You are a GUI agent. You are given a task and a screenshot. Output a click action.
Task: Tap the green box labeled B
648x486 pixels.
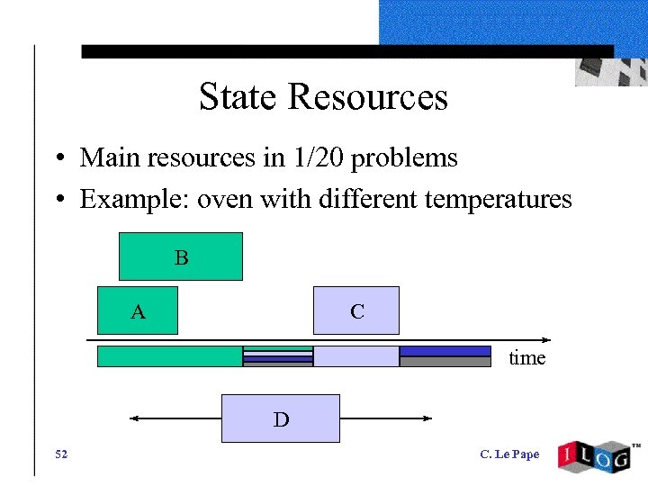click(181, 256)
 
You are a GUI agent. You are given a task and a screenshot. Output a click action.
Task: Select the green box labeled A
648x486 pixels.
click(138, 311)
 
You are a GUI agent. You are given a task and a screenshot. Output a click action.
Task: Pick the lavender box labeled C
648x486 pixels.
click(356, 310)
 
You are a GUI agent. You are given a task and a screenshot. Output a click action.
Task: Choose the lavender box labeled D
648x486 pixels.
click(281, 418)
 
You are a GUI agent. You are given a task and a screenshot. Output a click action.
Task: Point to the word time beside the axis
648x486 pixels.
click(526, 358)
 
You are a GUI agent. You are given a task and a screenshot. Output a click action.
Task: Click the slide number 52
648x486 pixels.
click(60, 454)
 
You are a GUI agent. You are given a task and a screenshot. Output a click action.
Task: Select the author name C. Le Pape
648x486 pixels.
click(509, 454)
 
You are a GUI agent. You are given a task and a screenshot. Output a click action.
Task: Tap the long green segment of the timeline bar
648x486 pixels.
click(169, 356)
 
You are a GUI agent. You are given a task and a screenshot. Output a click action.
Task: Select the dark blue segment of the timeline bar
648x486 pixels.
click(445, 351)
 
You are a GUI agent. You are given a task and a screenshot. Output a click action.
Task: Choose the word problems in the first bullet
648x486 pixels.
click(404, 159)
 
